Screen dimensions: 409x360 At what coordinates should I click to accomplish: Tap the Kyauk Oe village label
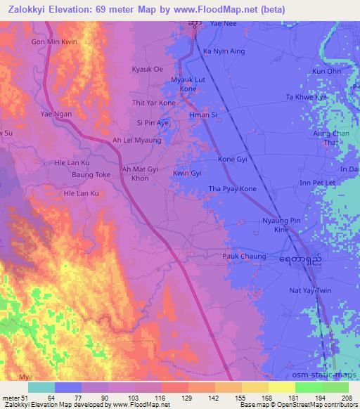coord(148,70)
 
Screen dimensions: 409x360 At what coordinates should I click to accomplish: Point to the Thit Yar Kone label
coord(154,103)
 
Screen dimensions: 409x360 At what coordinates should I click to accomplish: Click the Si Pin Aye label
coord(154,122)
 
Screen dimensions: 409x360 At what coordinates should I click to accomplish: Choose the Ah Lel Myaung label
coord(137,141)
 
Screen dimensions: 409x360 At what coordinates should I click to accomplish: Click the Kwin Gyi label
coord(187,173)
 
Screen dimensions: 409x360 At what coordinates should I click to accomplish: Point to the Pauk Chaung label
coord(245,257)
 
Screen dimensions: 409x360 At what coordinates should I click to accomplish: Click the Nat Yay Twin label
coord(309,290)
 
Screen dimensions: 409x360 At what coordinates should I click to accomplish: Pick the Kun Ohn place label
coord(326,72)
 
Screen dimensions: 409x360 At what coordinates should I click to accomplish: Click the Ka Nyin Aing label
coord(224,52)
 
